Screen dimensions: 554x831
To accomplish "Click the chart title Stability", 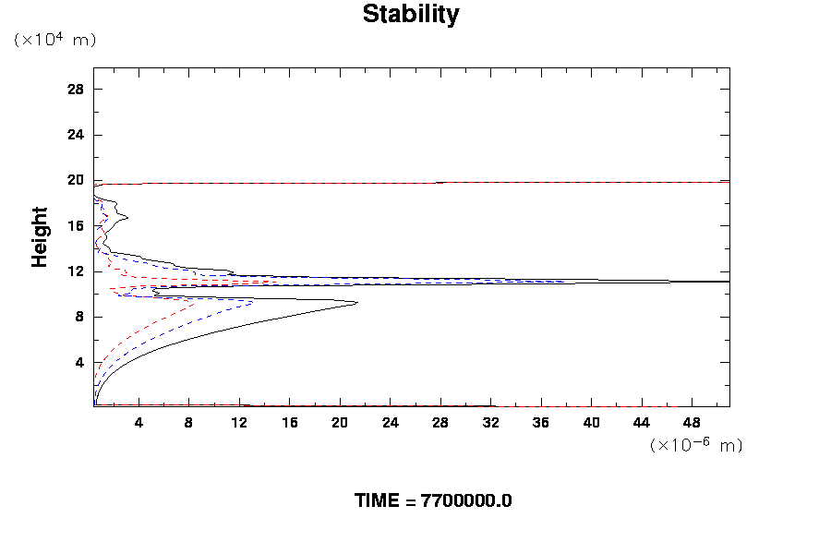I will [410, 15].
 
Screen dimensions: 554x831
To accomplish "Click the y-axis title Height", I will [40, 248].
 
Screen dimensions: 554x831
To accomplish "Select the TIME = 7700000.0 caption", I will [432, 500].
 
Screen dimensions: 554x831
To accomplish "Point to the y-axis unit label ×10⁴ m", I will [54, 40].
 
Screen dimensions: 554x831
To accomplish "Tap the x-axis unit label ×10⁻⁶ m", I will [696, 445].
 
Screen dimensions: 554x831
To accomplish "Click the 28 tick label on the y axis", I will [76, 90].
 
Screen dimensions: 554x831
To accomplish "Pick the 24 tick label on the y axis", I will [76, 135].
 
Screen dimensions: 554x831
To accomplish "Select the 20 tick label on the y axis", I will [76, 180].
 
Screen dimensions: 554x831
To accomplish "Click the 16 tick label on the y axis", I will [76, 226].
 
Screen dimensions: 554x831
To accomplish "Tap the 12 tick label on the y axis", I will [76, 271].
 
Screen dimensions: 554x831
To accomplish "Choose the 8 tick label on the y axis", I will [79, 317].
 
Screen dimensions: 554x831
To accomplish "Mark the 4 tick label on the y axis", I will [79, 363].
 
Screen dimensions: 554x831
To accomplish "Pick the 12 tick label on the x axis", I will [239, 424].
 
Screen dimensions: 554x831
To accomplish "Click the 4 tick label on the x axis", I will [138, 424].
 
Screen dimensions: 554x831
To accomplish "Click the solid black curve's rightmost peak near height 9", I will [355, 303].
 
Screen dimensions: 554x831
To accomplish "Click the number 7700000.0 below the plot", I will [466, 500].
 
